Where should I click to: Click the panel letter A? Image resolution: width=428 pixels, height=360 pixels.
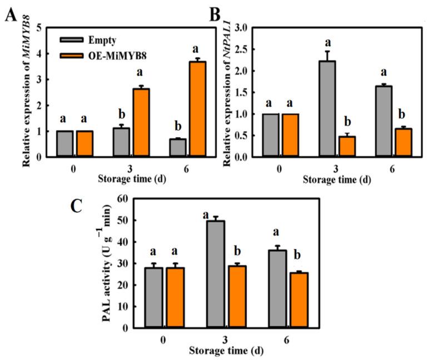[x=11, y=14]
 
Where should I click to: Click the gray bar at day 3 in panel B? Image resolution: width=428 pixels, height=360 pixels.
[x=327, y=109]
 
